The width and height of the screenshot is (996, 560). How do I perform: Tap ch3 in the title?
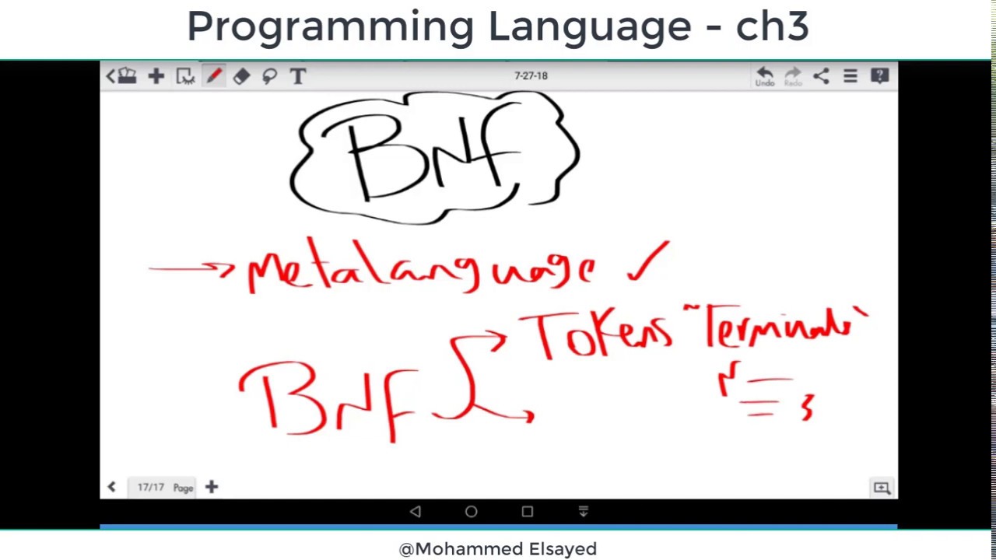772,26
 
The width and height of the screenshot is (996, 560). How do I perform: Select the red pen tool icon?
213,76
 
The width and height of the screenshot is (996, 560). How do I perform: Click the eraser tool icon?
241,76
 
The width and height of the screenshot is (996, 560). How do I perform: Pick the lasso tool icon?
269,76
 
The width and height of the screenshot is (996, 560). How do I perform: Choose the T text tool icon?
297,76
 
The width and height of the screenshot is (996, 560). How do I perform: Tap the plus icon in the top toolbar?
156,76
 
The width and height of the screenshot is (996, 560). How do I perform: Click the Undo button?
764,76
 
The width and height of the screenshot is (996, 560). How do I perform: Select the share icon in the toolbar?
821,76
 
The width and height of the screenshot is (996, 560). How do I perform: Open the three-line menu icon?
850,76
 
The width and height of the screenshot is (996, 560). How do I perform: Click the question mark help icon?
879,76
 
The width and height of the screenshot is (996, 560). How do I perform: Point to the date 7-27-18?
531,76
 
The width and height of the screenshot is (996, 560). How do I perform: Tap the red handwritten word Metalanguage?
420,268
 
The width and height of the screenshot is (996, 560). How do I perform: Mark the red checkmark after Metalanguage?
648,263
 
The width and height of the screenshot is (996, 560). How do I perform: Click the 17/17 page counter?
150,488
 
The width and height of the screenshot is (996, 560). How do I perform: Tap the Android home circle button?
471,512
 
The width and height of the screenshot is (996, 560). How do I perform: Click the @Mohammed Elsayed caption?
498,549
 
